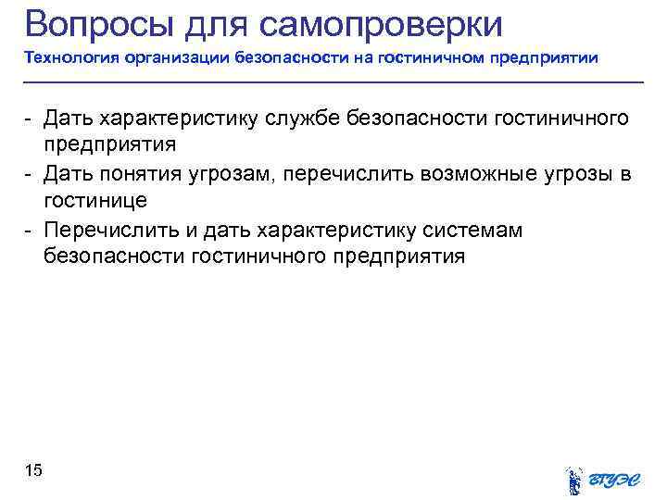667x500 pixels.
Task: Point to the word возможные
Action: [477, 174]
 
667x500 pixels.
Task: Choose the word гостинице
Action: [95, 201]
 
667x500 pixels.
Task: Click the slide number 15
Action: [33, 472]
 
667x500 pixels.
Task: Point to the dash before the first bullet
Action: [30, 119]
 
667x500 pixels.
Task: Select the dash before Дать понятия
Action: [30, 174]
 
